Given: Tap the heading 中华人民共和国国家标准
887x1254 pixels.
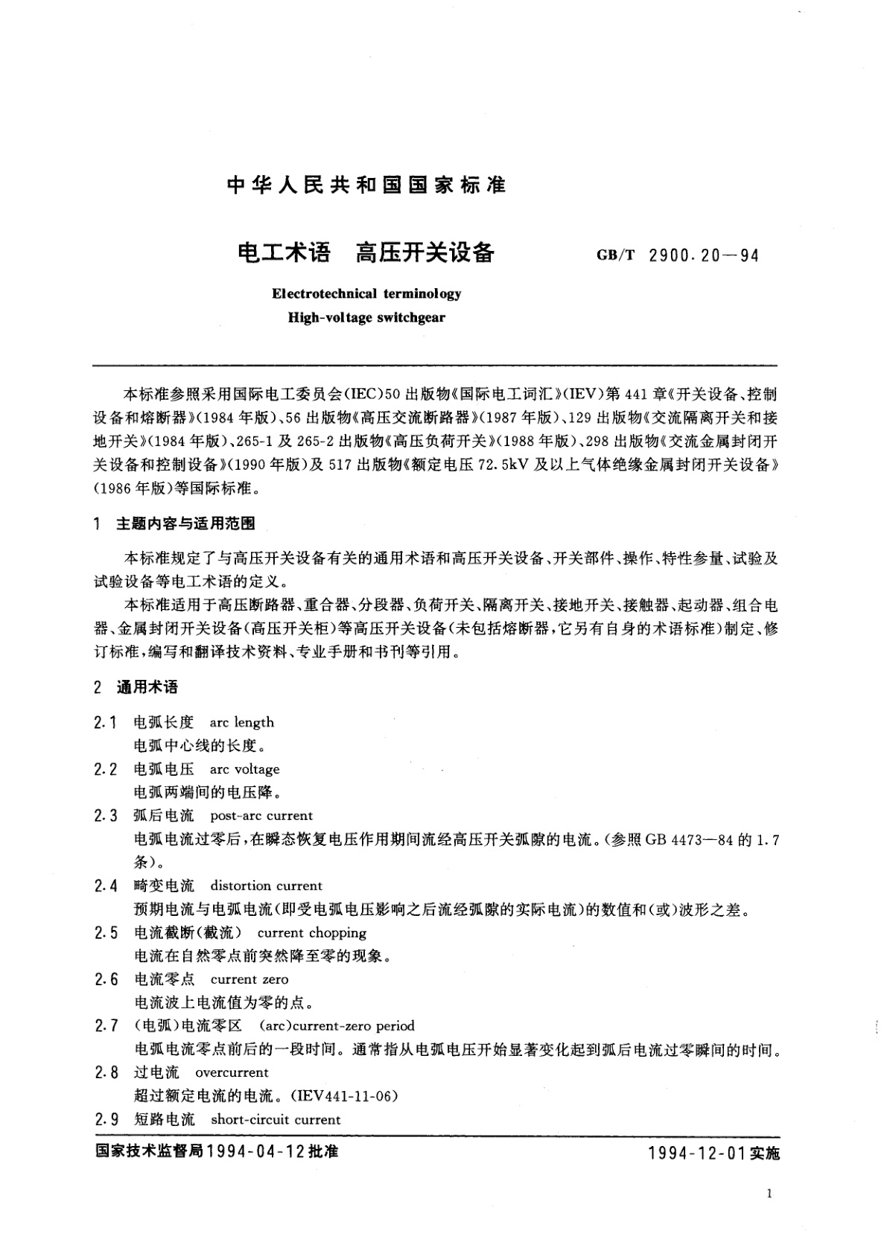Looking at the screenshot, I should point(366,185).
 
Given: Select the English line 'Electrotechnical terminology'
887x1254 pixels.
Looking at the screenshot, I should point(366,293).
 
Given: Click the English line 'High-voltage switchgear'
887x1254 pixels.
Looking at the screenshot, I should point(366,317).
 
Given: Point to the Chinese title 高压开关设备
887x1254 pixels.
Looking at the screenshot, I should point(425,253).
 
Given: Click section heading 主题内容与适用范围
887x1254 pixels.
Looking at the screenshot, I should point(185,523).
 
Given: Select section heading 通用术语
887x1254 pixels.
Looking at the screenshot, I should point(147,687).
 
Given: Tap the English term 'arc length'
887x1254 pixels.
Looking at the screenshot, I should point(241,722).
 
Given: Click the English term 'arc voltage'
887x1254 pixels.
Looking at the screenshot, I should point(244,769).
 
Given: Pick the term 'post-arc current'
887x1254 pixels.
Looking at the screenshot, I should point(261,815).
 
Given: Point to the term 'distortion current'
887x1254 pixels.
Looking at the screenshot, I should point(266,885).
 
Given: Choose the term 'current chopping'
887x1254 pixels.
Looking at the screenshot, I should point(311,932).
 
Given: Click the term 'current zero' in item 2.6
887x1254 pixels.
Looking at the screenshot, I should point(249,979).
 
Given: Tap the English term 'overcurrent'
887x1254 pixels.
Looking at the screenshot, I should point(231,1072).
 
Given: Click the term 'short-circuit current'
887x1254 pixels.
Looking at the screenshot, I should point(275,1119).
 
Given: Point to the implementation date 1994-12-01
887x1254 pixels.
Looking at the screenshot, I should point(696,1153).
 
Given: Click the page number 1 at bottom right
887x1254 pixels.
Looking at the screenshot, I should point(768,1194).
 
